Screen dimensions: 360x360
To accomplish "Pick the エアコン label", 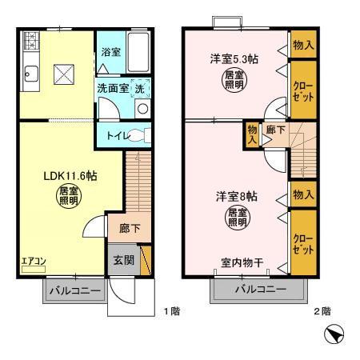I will tap(33, 262).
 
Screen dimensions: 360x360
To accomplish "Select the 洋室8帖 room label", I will tap(233, 196).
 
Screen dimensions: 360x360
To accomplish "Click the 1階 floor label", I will tap(171, 310).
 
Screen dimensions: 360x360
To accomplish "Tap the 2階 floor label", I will tap(322, 310).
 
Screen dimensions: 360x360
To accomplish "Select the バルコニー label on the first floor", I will tap(74, 290).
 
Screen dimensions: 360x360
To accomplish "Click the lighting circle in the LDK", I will tap(66, 196).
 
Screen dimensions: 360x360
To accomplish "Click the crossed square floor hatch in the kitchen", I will tap(63, 75).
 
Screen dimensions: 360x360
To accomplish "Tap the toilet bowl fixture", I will tap(141, 134).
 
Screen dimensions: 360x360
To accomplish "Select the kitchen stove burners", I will tap(32, 41).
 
